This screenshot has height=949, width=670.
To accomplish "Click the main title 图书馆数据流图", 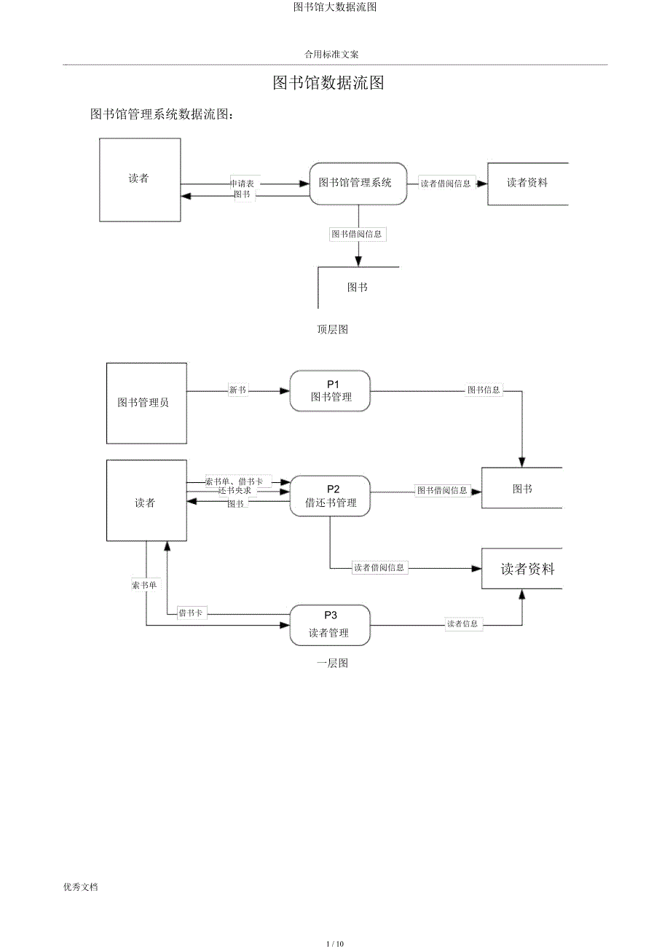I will [x=328, y=83].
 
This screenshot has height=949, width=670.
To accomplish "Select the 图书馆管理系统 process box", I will [x=358, y=184].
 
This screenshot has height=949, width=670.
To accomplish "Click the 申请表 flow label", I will [x=242, y=184].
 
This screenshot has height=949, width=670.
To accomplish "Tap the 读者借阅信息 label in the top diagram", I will [x=446, y=184].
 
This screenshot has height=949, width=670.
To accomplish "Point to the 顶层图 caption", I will [x=332, y=329].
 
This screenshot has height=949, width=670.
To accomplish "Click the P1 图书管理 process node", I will [x=331, y=391].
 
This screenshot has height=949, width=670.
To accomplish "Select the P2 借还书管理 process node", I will [x=331, y=496].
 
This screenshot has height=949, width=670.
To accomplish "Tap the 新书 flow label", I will [x=237, y=390].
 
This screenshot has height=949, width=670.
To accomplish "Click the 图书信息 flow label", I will [x=484, y=390].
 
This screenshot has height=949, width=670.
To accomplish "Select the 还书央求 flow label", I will [x=234, y=491].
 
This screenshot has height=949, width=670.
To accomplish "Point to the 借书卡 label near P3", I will [x=190, y=613].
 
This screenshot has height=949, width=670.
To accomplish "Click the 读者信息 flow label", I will [x=463, y=624].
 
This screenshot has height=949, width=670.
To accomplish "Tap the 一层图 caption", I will [x=332, y=663].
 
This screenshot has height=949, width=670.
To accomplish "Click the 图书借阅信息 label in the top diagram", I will [x=357, y=235].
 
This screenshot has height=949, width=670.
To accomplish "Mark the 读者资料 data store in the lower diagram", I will [x=527, y=570].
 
